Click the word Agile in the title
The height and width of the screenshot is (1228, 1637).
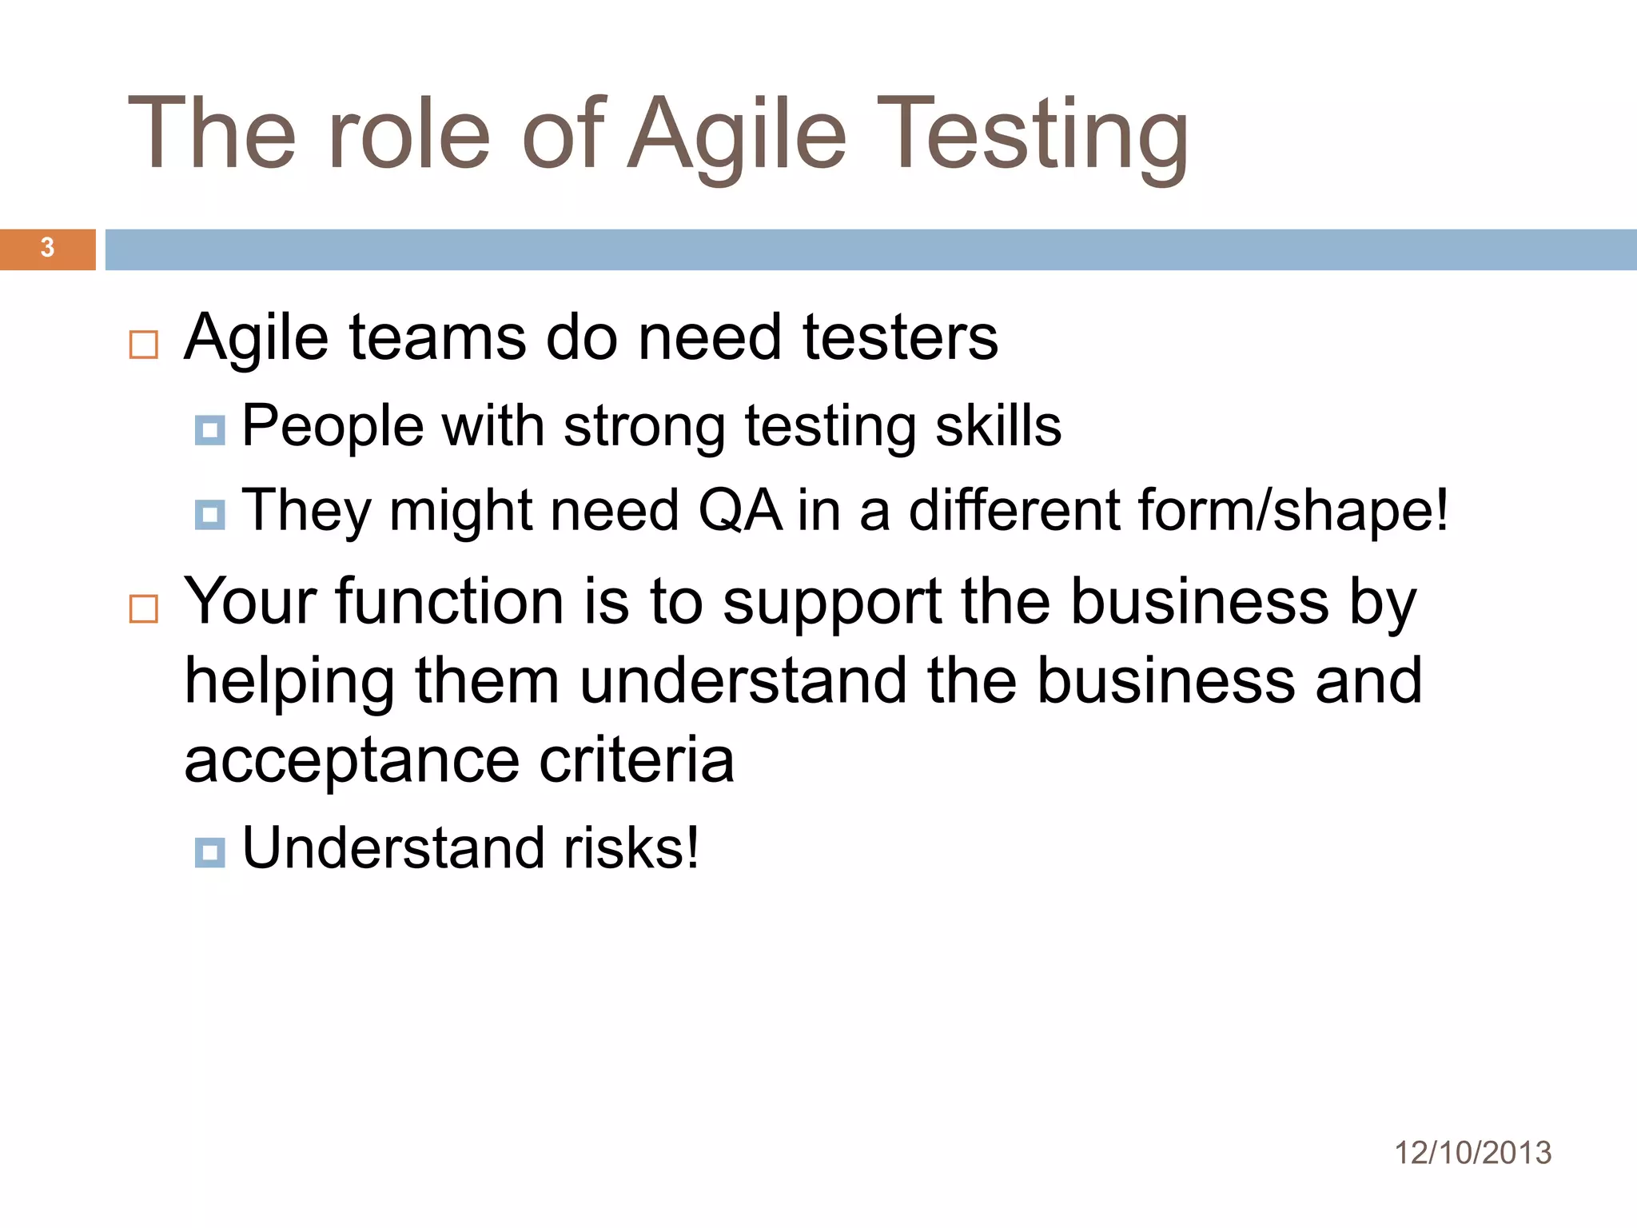click(736, 136)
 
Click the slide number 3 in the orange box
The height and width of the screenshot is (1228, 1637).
click(47, 248)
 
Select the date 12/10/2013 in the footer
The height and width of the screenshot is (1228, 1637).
click(1472, 1153)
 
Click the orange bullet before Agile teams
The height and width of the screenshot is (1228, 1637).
click(144, 345)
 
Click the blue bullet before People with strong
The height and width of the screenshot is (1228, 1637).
click(209, 430)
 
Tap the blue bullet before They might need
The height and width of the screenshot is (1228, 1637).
click(209, 515)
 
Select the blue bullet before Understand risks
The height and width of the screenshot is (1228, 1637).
click(209, 852)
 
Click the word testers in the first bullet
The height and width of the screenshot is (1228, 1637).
click(900, 337)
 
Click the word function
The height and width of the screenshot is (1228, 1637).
click(449, 601)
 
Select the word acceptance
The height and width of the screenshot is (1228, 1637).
click(352, 761)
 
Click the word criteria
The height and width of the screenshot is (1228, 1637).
click(636, 760)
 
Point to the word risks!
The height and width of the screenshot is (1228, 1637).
click(631, 847)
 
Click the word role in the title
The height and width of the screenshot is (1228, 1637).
click(408, 136)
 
